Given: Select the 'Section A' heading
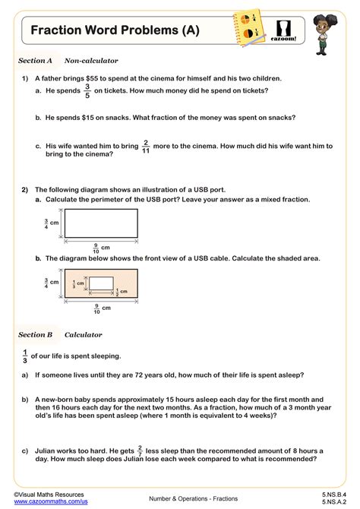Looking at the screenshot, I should click(35, 60).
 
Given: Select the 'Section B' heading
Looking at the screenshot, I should click(35, 334).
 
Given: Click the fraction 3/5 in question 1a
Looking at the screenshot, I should click(87, 91).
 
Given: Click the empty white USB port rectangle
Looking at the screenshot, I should click(100, 223).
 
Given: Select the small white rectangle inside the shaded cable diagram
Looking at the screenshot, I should click(102, 284).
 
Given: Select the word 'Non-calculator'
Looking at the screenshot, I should click(91, 60).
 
